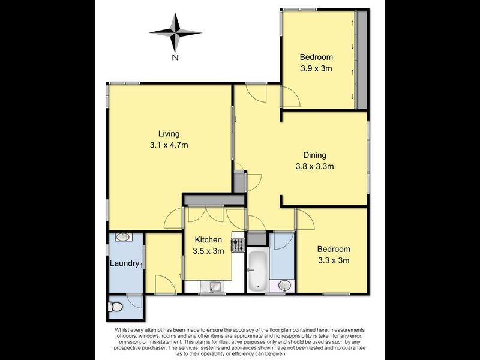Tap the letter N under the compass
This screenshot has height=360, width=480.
tap(175, 58)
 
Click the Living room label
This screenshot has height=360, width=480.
tap(169, 133)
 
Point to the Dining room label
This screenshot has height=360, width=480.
tap(314, 155)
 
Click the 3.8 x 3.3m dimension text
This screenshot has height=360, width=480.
tap(314, 166)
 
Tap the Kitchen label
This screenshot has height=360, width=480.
tap(208, 239)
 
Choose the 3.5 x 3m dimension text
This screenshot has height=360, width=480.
tap(208, 251)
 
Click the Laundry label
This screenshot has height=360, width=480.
tap(124, 263)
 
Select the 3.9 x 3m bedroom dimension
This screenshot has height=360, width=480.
tap(316, 68)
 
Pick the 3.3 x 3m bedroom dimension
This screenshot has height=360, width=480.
tap(333, 260)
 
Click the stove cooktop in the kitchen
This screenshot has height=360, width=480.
tap(239, 244)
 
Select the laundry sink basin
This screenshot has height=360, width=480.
tap(124, 238)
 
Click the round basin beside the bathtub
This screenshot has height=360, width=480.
tap(284, 285)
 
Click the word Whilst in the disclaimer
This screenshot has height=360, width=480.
tap(123, 331)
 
